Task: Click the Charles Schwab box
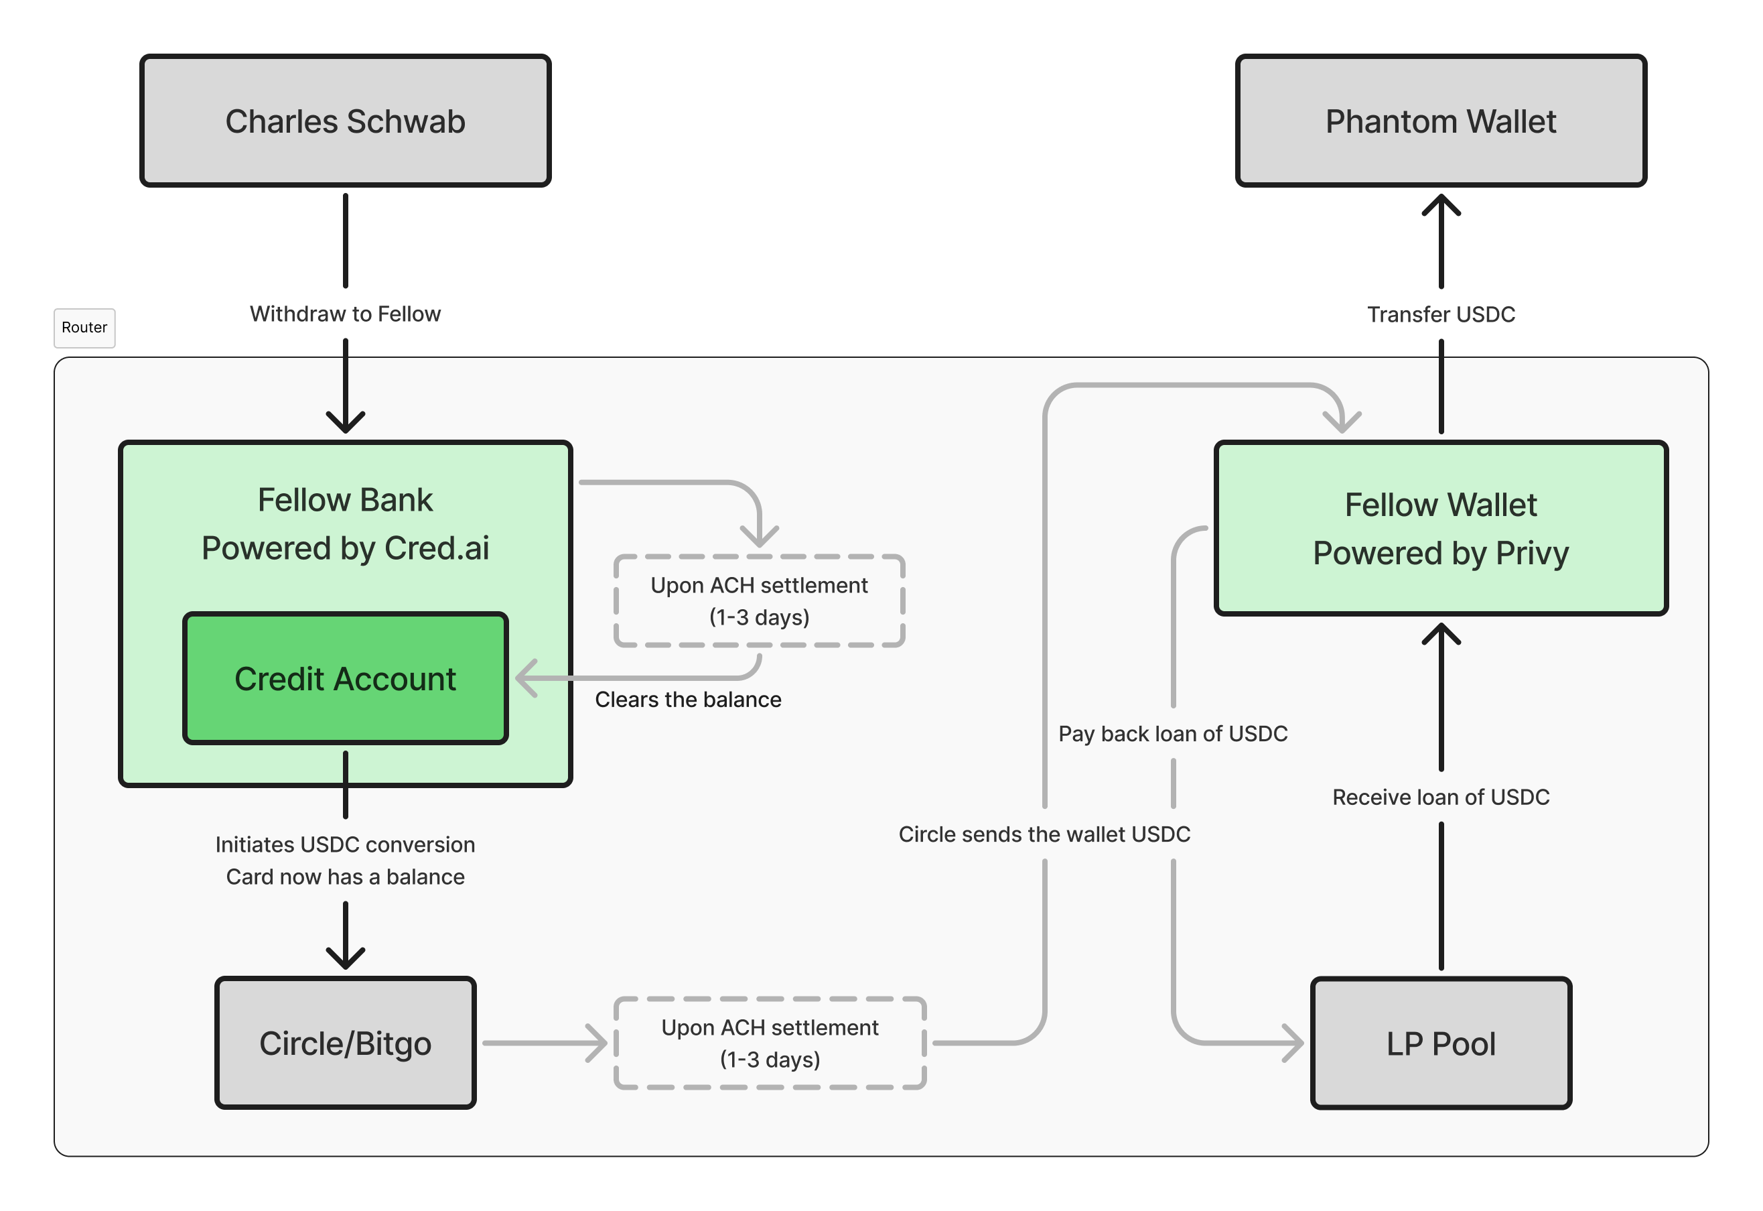coord(345,121)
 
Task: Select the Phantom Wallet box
coord(1440,121)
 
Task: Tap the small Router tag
coord(84,328)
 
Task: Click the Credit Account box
coord(345,678)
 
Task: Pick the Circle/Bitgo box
coord(345,1043)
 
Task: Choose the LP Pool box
coord(1440,1043)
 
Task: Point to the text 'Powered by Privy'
coord(1440,553)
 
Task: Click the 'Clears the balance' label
coord(687,700)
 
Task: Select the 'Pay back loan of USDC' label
coord(1173,734)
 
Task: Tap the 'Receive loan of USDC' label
coord(1440,798)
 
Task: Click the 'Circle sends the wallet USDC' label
coord(1044,834)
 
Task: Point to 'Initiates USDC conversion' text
coord(345,844)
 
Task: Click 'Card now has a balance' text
coord(345,877)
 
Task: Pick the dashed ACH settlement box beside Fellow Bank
coord(759,601)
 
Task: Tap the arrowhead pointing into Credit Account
coord(525,678)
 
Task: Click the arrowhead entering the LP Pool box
coord(1294,1043)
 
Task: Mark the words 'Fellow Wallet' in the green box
coord(1440,505)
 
